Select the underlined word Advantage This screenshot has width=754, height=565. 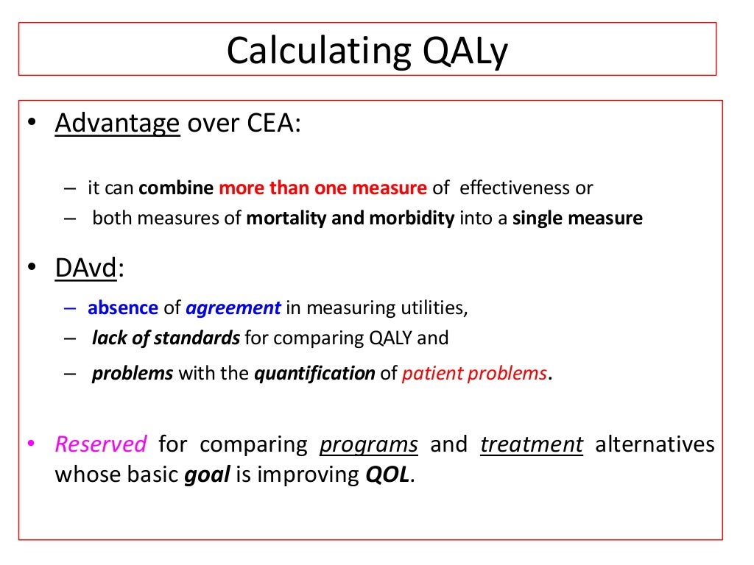[x=117, y=123]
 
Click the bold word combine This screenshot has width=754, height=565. [x=177, y=188]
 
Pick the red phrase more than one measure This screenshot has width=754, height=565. [x=323, y=188]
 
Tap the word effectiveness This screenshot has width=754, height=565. [x=515, y=188]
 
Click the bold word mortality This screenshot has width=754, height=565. [x=281, y=218]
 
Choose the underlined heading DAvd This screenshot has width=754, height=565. [x=85, y=269]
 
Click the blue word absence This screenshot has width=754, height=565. [x=123, y=308]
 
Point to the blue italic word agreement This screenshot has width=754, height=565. [x=233, y=308]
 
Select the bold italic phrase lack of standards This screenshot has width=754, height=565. [x=166, y=338]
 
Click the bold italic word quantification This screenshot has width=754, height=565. [x=314, y=373]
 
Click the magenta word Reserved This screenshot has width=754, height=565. [x=101, y=444]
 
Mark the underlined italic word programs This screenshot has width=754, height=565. [x=369, y=444]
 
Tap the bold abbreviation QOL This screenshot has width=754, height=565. [x=388, y=475]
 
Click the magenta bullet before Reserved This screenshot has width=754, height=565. [x=31, y=444]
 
